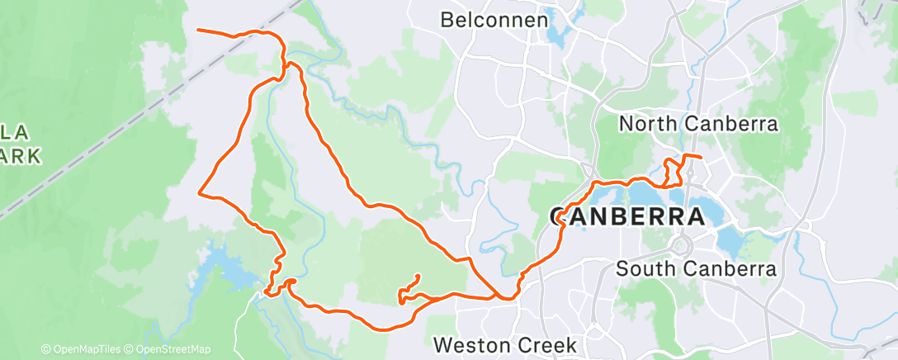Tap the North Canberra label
pos(698,125)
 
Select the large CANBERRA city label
pos(627,217)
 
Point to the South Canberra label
pos(696,269)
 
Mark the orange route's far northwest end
pos(198,31)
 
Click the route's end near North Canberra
pos(701,157)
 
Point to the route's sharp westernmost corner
pos(200,193)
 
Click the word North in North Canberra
pos(645,125)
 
